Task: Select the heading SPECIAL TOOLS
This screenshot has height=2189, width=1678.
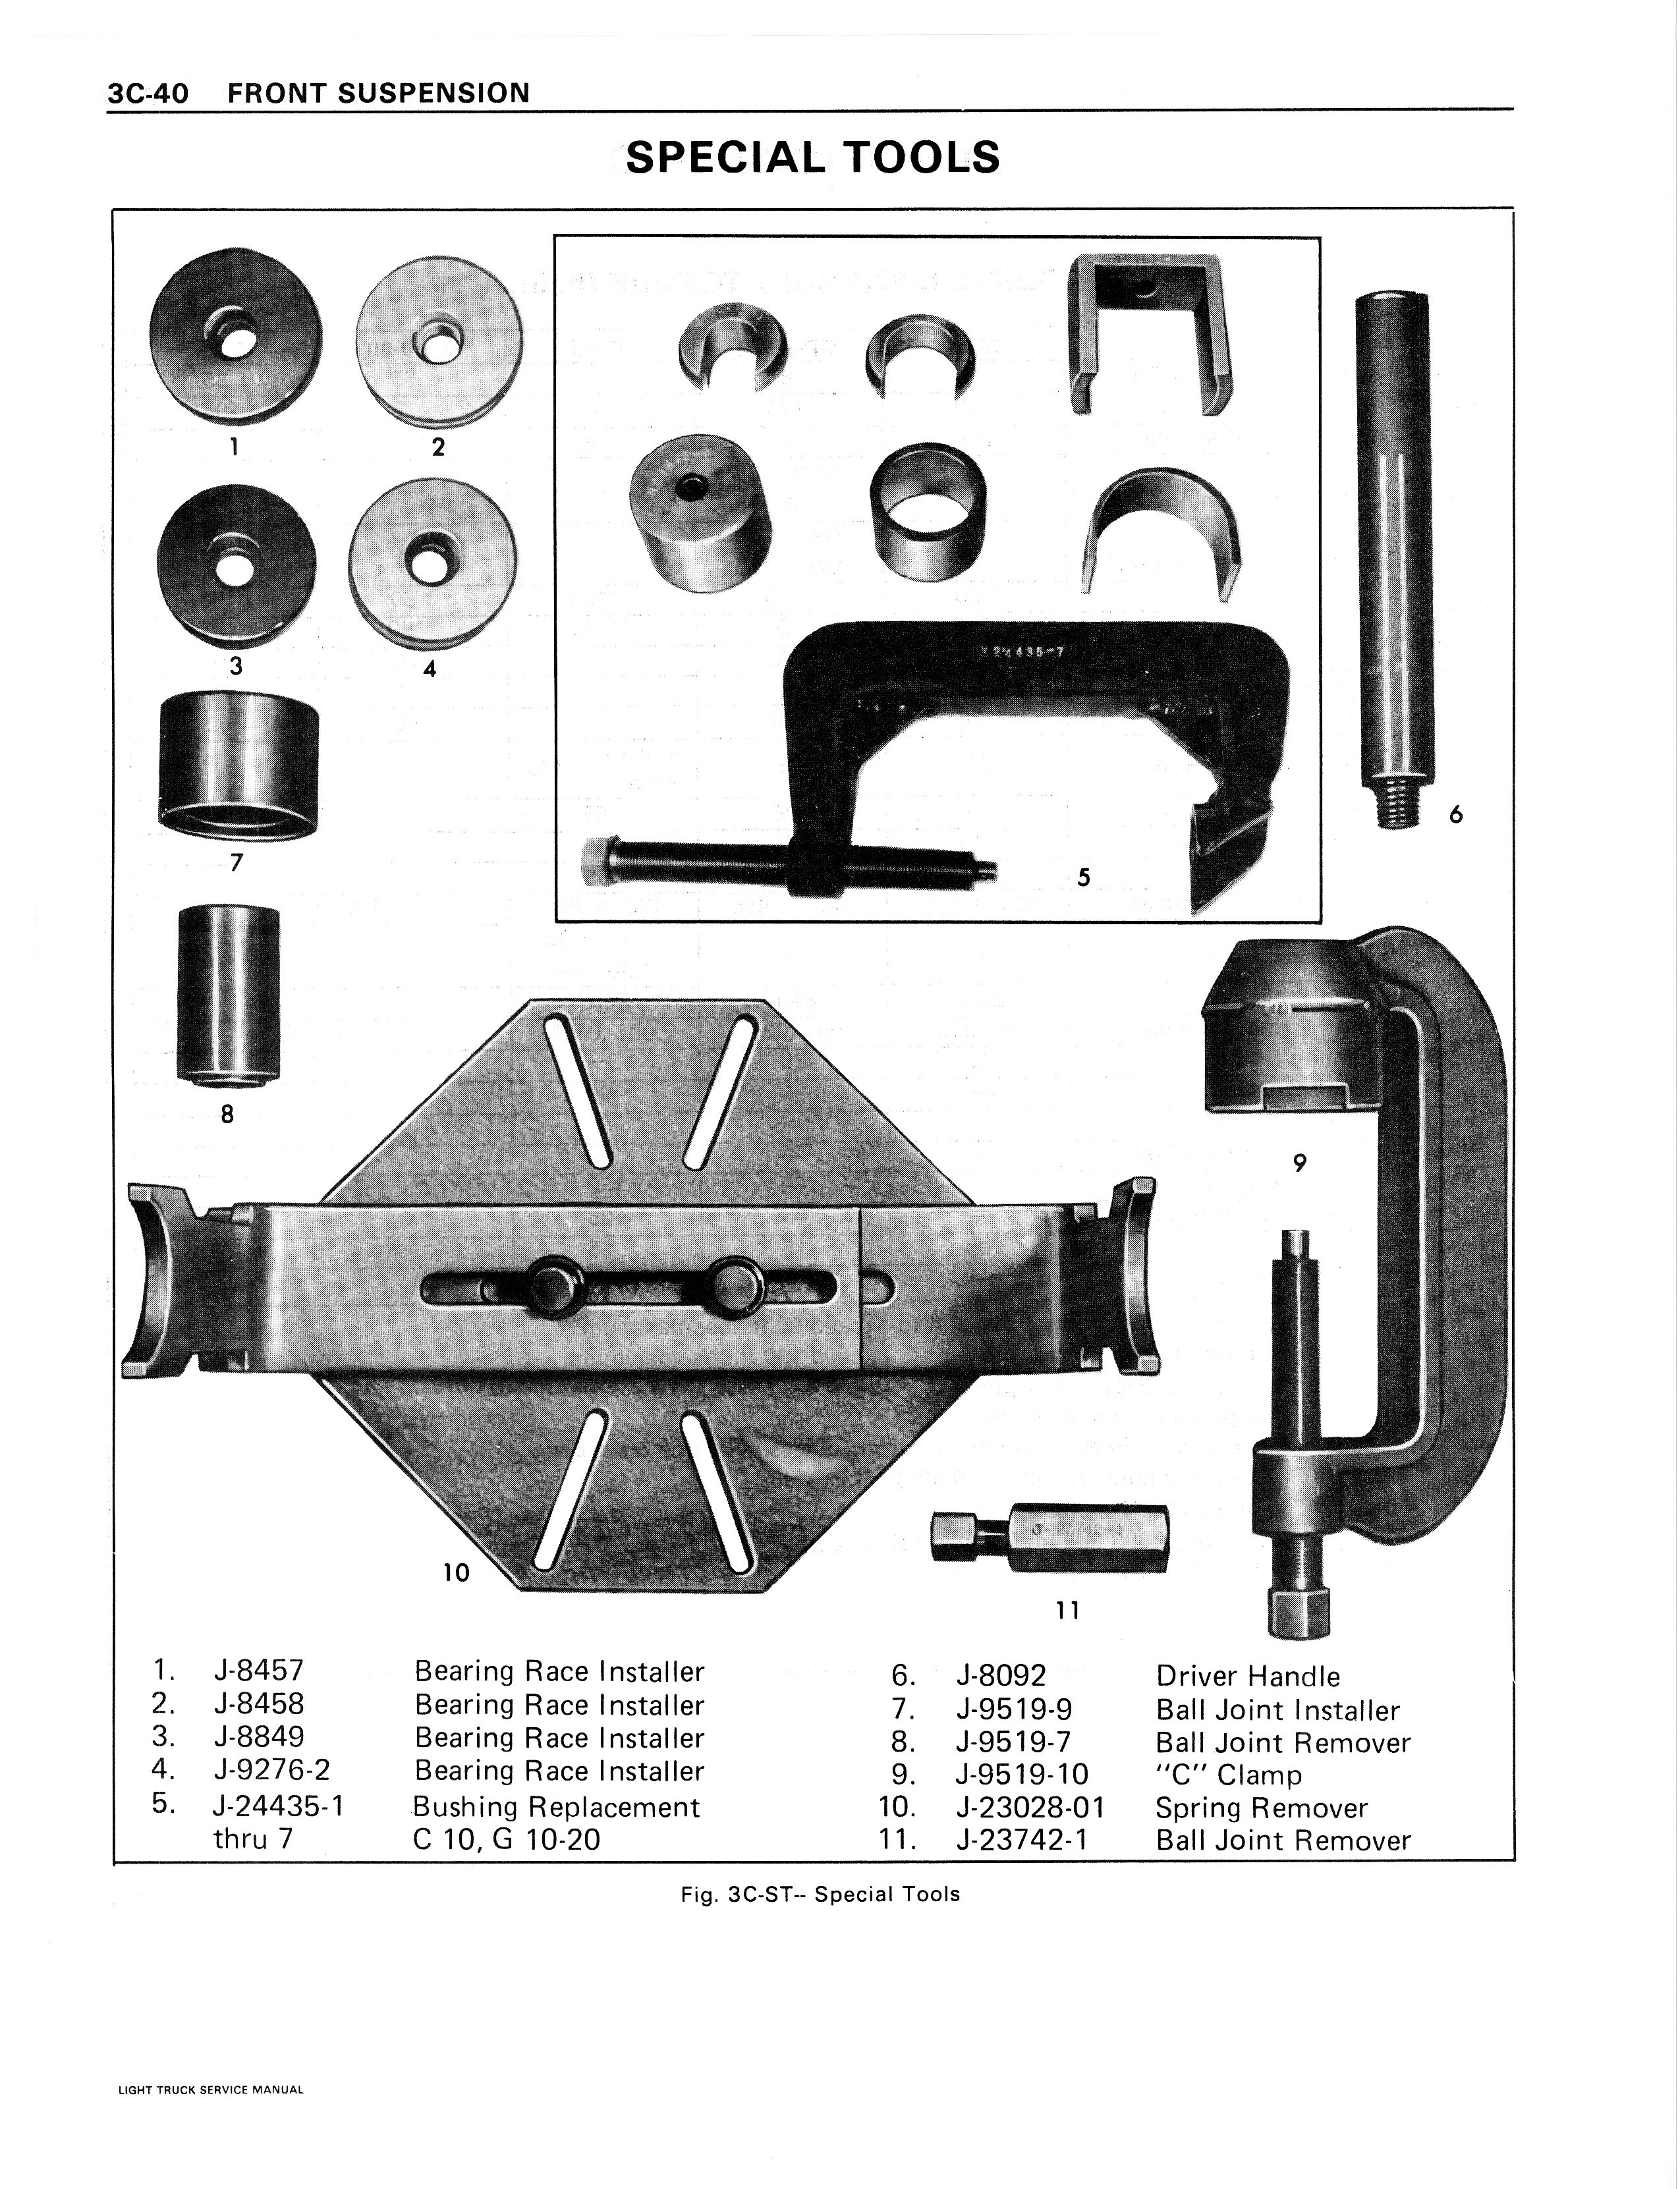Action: click(812, 157)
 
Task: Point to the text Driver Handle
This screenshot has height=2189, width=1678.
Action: click(1248, 1676)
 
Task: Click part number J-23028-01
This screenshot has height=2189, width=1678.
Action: click(1031, 1808)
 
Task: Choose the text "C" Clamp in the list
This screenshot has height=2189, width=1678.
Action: click(1229, 1775)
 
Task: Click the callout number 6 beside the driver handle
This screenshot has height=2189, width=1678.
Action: click(1455, 815)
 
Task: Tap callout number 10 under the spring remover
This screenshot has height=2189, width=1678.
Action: click(455, 1573)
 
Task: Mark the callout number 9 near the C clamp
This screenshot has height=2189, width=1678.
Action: click(1299, 1163)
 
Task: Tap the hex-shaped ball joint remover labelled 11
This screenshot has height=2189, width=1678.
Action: click(1049, 1535)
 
